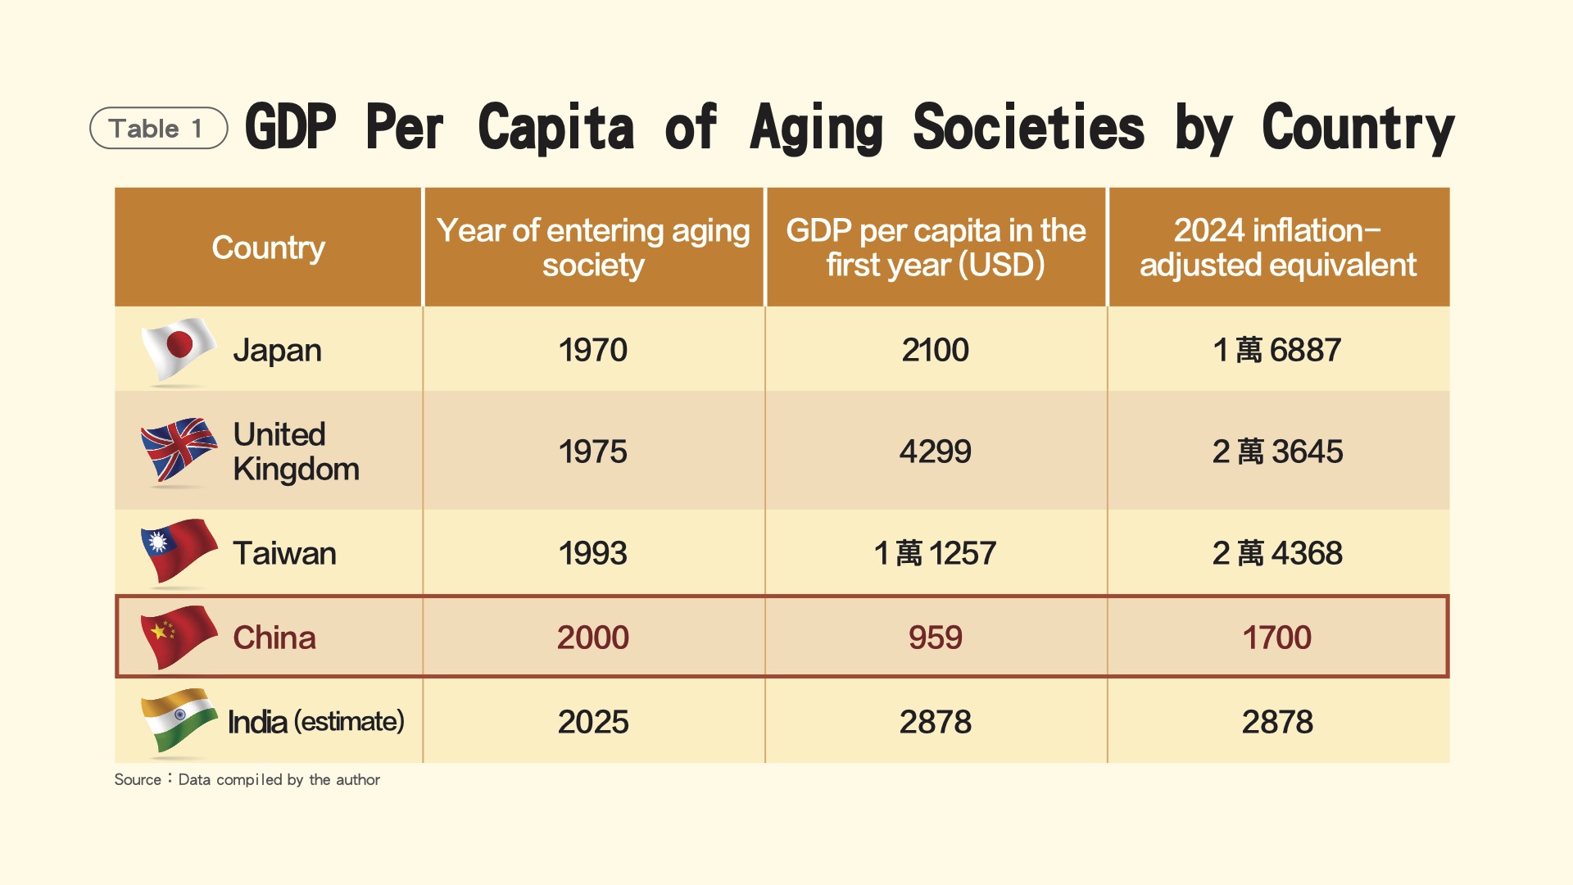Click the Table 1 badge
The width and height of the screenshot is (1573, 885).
pyautogui.click(x=157, y=129)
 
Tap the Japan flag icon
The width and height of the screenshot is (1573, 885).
pyautogui.click(x=179, y=350)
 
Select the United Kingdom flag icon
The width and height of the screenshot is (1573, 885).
pyautogui.click(x=179, y=450)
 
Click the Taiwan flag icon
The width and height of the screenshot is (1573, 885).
pyautogui.click(x=179, y=551)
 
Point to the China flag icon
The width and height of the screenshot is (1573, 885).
pyautogui.click(x=179, y=636)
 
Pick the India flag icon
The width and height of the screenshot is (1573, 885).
pyautogui.click(x=179, y=720)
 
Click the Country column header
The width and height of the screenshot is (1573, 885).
pyautogui.click(x=268, y=247)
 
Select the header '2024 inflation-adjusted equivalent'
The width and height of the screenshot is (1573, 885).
pyautogui.click(x=1277, y=247)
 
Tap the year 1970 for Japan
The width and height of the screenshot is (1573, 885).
pyautogui.click(x=592, y=350)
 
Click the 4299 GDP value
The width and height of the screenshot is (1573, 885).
pyautogui.click(x=935, y=452)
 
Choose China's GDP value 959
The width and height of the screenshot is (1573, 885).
pyautogui.click(x=935, y=638)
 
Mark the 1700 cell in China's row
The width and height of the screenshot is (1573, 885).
pyautogui.click(x=1276, y=638)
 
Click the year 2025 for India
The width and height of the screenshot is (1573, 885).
pyautogui.click(x=592, y=722)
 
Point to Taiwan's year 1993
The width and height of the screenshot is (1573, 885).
pyautogui.click(x=592, y=553)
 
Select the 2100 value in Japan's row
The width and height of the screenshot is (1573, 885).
pyautogui.click(x=935, y=350)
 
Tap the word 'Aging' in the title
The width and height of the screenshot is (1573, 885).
pyautogui.click(x=816, y=129)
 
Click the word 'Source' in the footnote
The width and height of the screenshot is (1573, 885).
pyautogui.click(x=138, y=779)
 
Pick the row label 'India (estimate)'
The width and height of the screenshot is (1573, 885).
pyautogui.click(x=315, y=722)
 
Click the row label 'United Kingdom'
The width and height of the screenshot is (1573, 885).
pyautogui.click(x=295, y=452)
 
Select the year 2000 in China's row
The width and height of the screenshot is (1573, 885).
pyautogui.click(x=592, y=638)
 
